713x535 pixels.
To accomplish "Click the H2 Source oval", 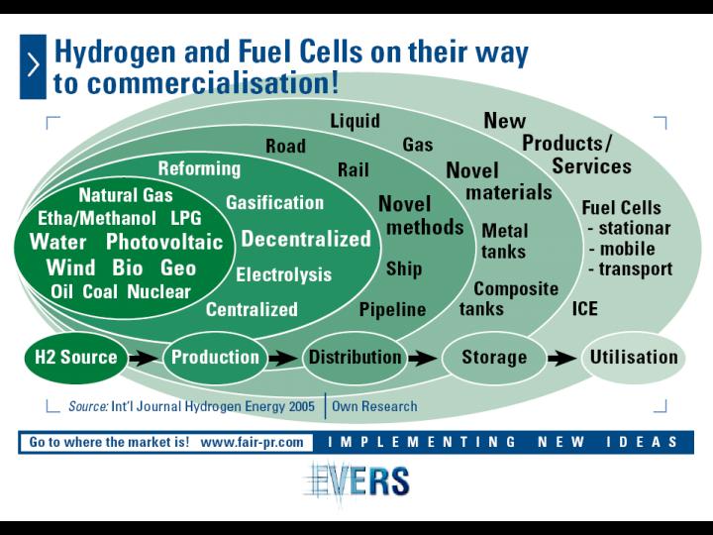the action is tap(75, 358).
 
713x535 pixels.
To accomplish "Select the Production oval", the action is tap(215, 358).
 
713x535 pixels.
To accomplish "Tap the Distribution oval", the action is tap(355, 358).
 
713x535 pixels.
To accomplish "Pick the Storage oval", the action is tap(494, 358).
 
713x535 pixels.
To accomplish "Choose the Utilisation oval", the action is tap(634, 358).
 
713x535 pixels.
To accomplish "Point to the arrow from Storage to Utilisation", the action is tap(562, 359).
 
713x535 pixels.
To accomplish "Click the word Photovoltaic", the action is tap(164, 242).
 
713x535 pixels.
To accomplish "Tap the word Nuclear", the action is tap(158, 291).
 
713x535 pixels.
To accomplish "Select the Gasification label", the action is tap(274, 202).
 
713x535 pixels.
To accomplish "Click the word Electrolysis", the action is tap(284, 274).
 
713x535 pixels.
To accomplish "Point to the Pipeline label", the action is tap(392, 310).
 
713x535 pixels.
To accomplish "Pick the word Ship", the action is tap(404, 268).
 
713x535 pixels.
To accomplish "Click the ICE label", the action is tap(585, 309).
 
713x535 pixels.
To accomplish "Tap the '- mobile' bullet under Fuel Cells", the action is tap(622, 249).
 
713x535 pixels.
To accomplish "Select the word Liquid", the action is tap(355, 121).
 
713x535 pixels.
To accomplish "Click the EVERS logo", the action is tap(357, 481).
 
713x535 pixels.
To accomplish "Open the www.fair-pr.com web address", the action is tap(252, 442).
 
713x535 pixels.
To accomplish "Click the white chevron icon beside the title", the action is tap(34, 66).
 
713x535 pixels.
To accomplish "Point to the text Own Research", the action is tap(374, 406).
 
